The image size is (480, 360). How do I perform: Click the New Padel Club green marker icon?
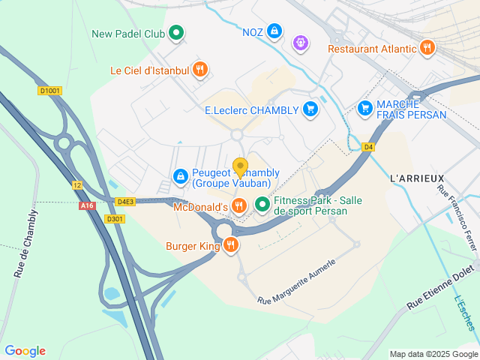tap(176, 33)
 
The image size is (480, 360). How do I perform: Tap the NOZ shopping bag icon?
tap(275, 31)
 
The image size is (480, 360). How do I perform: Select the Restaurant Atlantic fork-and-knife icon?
tap(427, 49)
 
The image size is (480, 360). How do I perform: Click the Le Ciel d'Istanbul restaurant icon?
tap(199, 70)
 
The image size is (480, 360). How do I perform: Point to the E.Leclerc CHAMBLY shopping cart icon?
tap(310, 109)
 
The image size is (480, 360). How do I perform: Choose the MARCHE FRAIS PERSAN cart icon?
tap(365, 109)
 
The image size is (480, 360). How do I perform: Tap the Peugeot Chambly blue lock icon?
tap(180, 177)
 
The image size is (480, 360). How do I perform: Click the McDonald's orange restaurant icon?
tap(238, 205)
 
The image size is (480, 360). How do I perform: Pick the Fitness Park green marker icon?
tap(262, 204)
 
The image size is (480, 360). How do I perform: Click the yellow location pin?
tap(240, 166)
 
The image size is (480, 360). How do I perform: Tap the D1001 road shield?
tap(49, 91)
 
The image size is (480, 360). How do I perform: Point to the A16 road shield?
tap(86, 205)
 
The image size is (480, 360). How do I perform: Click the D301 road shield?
tap(114, 219)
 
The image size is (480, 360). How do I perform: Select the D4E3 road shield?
tap(126, 202)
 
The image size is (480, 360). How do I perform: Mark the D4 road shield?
tap(368, 147)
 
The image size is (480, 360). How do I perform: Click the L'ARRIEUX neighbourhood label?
tap(412, 178)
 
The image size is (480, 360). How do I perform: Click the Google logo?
tap(25, 350)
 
